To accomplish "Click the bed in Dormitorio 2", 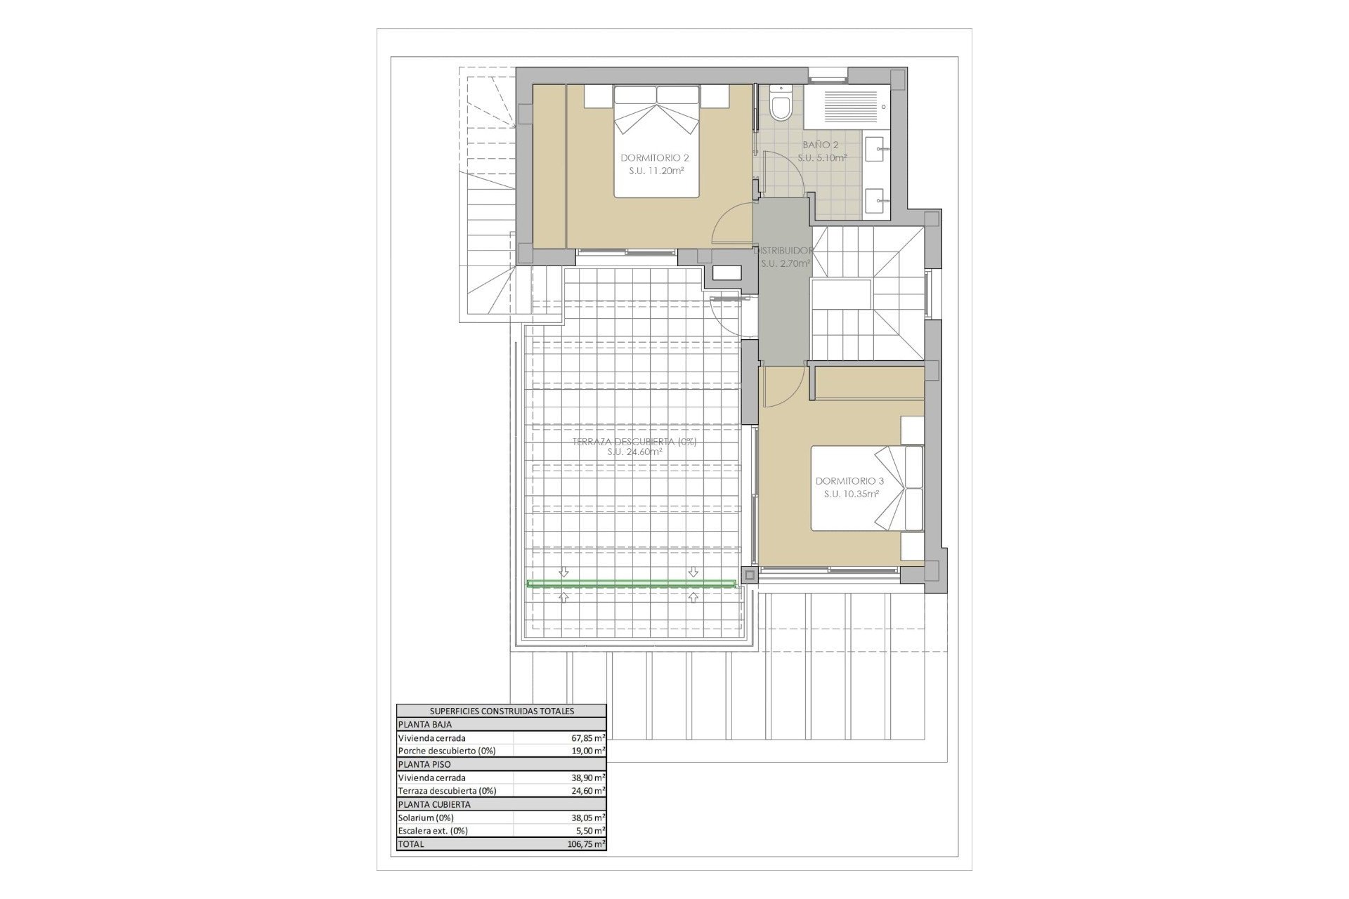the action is (x=657, y=141).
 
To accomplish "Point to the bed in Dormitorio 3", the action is (x=867, y=488).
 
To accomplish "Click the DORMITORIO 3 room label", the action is (x=849, y=481).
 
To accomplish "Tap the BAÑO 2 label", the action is (x=821, y=145).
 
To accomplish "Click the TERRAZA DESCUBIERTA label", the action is (x=634, y=442).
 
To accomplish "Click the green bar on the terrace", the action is (x=632, y=583).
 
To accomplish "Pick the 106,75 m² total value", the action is (x=586, y=844).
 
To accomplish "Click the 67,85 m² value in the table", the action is (x=587, y=738).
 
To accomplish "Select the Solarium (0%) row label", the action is (x=426, y=818).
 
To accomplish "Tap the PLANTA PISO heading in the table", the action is (x=424, y=764).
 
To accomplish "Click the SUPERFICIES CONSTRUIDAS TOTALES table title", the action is (x=502, y=711).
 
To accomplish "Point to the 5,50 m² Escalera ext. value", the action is (x=589, y=831).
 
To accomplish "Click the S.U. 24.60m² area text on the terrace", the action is (x=635, y=452).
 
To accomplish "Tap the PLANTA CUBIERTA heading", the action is (x=434, y=804).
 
